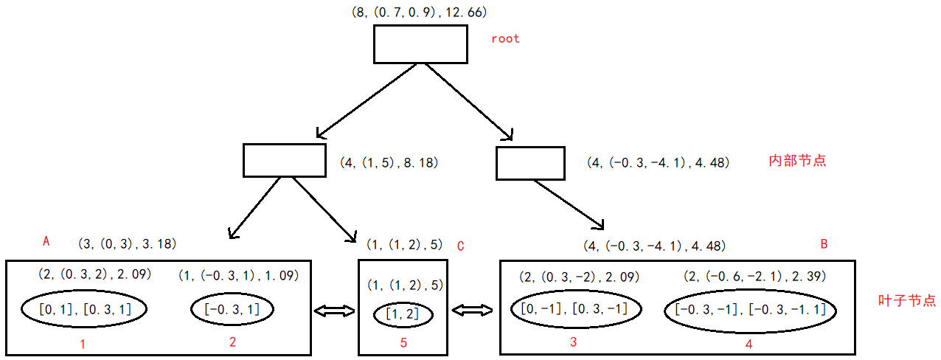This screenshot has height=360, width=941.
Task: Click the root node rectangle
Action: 420,45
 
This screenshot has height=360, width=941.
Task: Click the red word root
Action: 505,38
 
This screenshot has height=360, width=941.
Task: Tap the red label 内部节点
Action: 797,160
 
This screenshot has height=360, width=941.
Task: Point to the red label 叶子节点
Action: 907,300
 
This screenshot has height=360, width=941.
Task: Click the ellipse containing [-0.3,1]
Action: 232,310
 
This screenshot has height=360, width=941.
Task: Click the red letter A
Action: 46,241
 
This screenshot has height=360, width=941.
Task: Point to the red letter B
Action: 824,244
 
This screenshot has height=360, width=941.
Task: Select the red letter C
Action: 461,246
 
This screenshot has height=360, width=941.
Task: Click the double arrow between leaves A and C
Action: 334,312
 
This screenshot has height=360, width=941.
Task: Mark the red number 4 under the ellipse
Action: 748,344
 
